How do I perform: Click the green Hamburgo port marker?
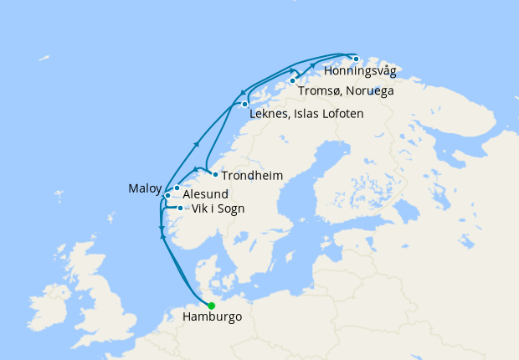(x=212, y=306)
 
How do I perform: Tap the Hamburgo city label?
(x=212, y=318)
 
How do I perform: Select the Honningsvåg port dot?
(x=356, y=59)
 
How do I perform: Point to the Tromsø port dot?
(x=292, y=81)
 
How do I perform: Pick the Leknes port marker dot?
(x=244, y=104)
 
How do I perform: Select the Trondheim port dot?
(x=215, y=174)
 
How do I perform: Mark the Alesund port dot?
(x=177, y=188)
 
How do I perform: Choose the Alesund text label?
(x=206, y=194)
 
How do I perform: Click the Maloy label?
(x=144, y=188)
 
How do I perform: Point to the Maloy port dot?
(x=167, y=195)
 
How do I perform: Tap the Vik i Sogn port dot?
(x=181, y=207)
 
